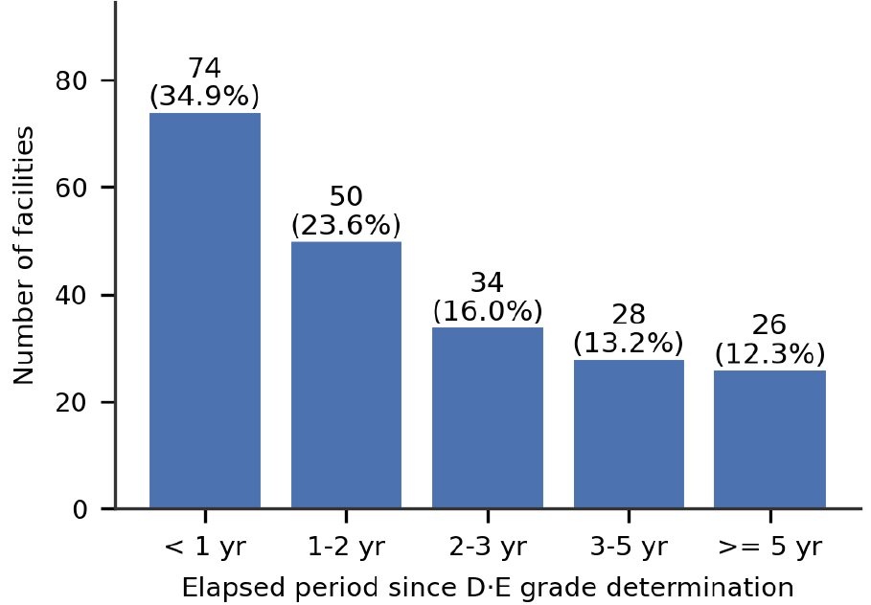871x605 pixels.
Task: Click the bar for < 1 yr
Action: pyautogui.click(x=205, y=310)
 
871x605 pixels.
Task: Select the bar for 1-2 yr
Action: pyautogui.click(x=346, y=374)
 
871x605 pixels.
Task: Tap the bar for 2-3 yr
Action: pyautogui.click(x=488, y=417)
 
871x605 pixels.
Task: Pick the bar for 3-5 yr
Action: pyautogui.click(x=629, y=434)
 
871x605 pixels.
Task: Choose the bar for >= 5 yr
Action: pyautogui.click(x=769, y=439)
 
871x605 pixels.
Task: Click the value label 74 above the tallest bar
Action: pyautogui.click(x=205, y=68)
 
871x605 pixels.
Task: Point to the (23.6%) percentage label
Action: pyautogui.click(x=346, y=225)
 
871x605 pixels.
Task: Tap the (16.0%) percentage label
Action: pyautogui.click(x=488, y=311)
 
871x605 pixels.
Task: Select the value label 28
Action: pyautogui.click(x=629, y=315)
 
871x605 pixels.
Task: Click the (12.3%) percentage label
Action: pyautogui.click(x=769, y=354)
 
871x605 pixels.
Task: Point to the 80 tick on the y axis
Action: pyautogui.click(x=72, y=81)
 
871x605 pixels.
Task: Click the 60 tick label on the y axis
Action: pyautogui.click(x=72, y=189)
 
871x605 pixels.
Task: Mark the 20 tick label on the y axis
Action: pyautogui.click(x=72, y=402)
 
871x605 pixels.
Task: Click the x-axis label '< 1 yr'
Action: pyautogui.click(x=205, y=548)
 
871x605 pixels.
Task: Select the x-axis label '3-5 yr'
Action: pyautogui.click(x=629, y=548)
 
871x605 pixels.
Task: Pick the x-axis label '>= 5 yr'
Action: pyautogui.click(x=769, y=548)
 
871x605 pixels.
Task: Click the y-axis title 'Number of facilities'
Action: pyautogui.click(x=23, y=256)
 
